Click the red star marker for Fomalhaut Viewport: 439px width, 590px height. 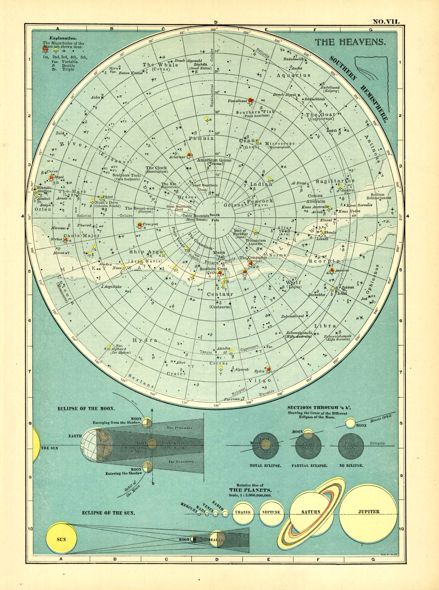[x=250, y=100]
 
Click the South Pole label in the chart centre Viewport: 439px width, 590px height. [x=215, y=217]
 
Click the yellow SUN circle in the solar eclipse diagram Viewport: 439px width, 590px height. [x=61, y=540]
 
